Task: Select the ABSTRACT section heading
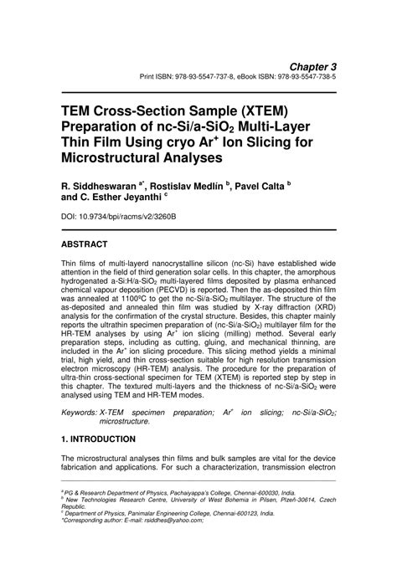click(84, 244)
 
